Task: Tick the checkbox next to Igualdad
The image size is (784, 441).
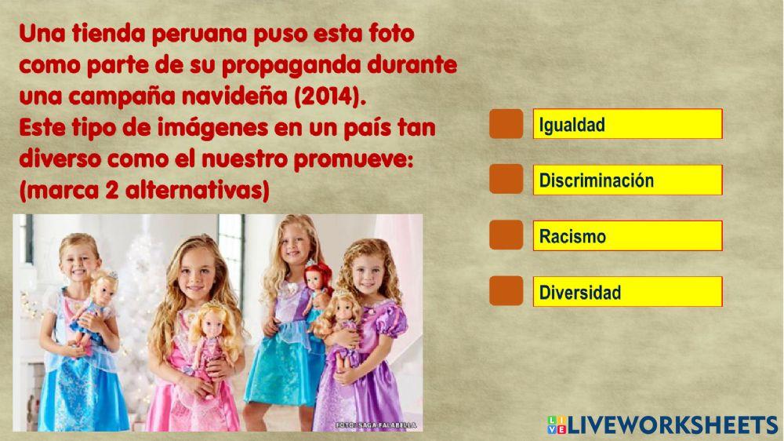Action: pyautogui.click(x=506, y=125)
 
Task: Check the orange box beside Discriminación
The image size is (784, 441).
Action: pyautogui.click(x=506, y=180)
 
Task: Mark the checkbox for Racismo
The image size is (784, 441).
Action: pyautogui.click(x=506, y=235)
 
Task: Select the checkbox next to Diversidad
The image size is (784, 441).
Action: pyautogui.click(x=506, y=291)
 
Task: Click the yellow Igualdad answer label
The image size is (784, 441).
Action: pyautogui.click(x=627, y=125)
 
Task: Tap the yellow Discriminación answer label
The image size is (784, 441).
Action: pyautogui.click(x=627, y=180)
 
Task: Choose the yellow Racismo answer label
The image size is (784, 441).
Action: pyautogui.click(x=627, y=235)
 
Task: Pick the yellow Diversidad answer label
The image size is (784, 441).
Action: pyautogui.click(x=627, y=291)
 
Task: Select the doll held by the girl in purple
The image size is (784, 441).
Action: pyautogui.click(x=341, y=322)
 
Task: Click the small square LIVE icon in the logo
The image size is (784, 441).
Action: pyautogui.click(x=556, y=425)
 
